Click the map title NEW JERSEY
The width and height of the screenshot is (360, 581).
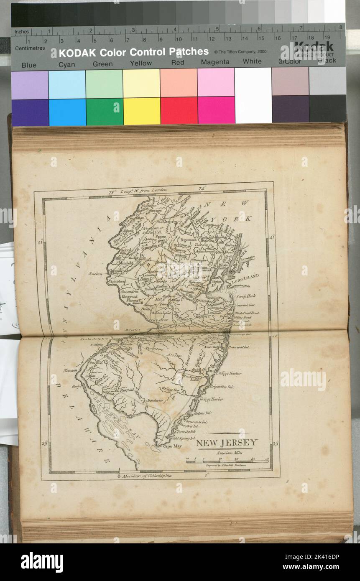click(227, 443)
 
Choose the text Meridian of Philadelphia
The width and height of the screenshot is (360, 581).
click(146, 476)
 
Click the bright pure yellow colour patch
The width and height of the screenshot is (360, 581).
click(142, 111)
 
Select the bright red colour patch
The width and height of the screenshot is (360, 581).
click(179, 111)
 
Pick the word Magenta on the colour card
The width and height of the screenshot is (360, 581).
click(215, 62)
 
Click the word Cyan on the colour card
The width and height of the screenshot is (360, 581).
click(67, 64)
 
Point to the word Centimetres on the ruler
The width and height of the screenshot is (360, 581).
click(30, 48)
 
